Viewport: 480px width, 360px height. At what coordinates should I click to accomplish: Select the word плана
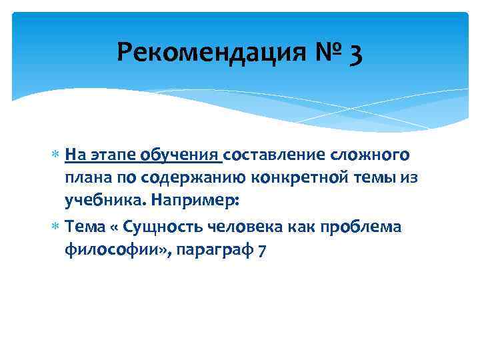coord(85,177)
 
